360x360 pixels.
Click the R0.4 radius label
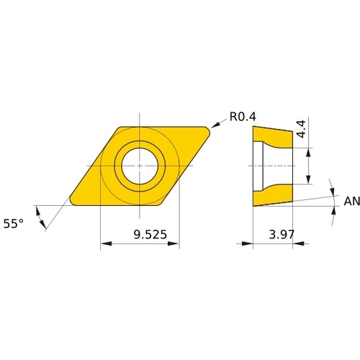coord(243,117)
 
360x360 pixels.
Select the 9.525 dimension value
coord(150,235)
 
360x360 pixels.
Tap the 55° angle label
coord(14,224)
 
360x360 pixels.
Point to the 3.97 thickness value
coord(282,235)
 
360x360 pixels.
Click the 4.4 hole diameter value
coord(301,129)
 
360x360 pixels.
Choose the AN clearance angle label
coord(352,201)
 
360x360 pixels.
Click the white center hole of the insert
coord(140,166)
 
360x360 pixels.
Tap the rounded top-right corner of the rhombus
coord(208,130)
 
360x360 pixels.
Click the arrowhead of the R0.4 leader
coord(215,125)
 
